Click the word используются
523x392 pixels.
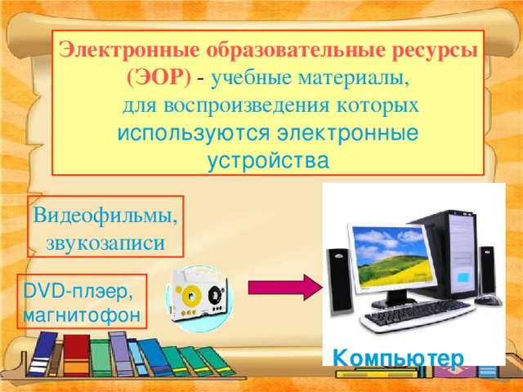pyautogui.click(x=195, y=132)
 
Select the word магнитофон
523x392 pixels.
pyautogui.click(x=82, y=314)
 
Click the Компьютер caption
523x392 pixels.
pyautogui.click(x=400, y=357)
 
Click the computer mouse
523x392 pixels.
pyautogui.click(x=488, y=300)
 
